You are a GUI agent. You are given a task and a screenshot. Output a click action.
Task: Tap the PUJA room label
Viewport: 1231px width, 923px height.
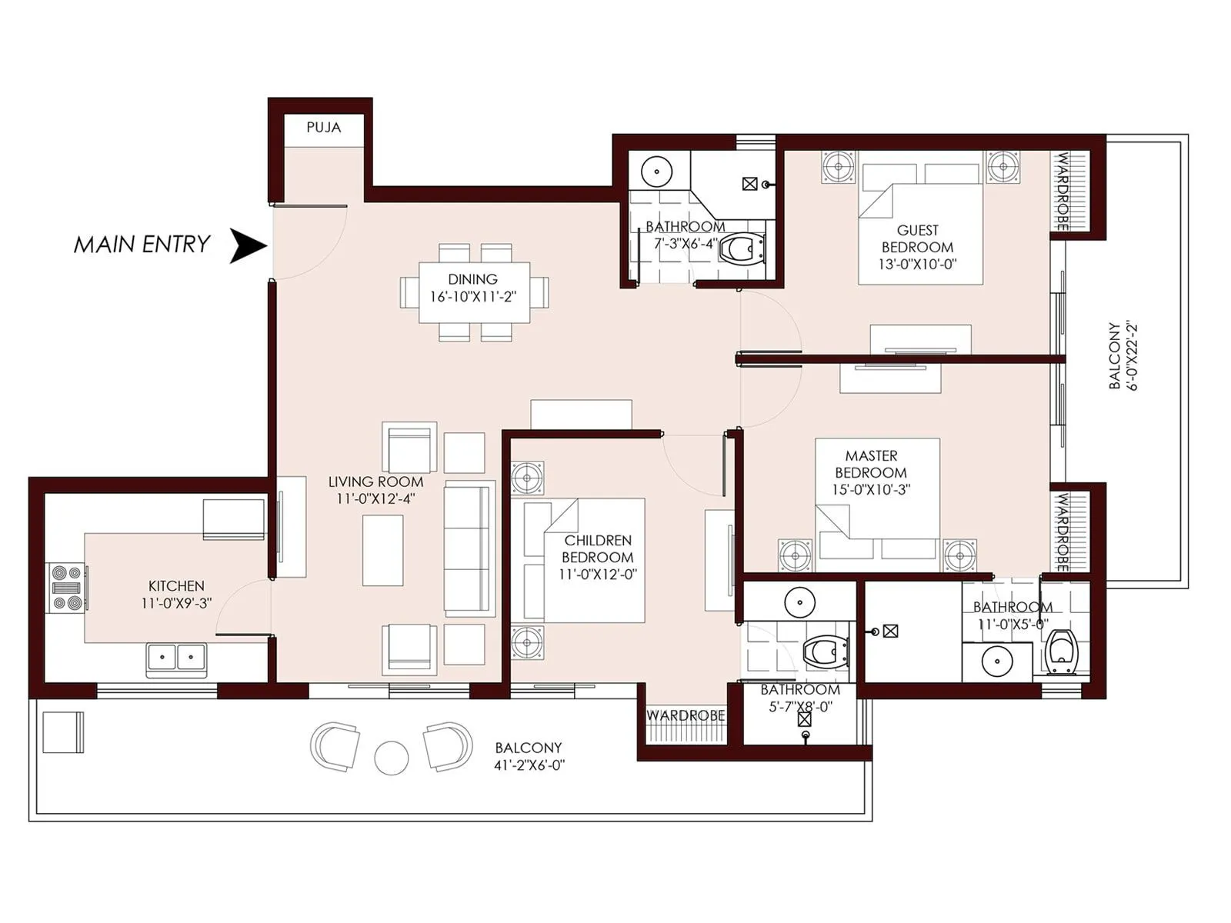coord(323,128)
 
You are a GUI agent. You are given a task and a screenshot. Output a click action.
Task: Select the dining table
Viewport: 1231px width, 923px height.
coord(474,292)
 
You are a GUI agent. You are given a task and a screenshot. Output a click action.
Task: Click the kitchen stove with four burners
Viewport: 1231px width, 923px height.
coord(67,588)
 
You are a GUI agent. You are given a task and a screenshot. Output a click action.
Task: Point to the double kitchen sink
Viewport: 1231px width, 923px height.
coord(175,658)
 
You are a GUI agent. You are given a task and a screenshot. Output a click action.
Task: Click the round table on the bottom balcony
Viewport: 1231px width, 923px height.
coord(391,758)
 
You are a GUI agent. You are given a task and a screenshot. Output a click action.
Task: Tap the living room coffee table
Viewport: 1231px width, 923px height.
coord(382,550)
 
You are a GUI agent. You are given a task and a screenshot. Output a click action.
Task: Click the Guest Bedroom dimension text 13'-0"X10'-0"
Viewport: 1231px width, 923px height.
coord(917,264)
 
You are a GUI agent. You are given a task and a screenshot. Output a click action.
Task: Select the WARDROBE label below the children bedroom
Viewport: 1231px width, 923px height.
coord(686,715)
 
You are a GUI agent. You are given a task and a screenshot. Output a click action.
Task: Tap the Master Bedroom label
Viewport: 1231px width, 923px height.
coord(871,464)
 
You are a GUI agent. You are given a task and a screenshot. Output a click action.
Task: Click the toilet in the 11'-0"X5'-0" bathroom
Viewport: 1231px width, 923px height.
coord(1062,651)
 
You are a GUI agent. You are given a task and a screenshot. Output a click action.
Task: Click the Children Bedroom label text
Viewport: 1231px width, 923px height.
coord(598,548)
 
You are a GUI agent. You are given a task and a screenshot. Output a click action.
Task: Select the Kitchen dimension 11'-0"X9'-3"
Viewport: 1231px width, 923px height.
coord(176,604)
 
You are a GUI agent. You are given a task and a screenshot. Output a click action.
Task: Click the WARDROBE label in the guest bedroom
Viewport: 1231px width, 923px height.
coord(1062,191)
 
